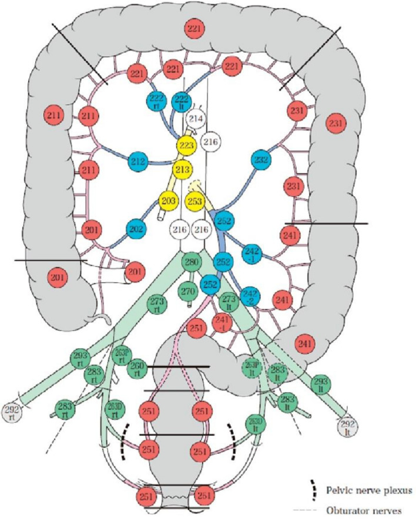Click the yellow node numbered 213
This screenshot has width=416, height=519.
coord(183,170)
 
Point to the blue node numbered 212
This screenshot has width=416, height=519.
coord(139,161)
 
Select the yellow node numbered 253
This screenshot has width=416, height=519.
coord(197,201)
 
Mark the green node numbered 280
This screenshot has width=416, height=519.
coord(192,262)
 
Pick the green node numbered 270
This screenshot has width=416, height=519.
coord(189,291)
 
